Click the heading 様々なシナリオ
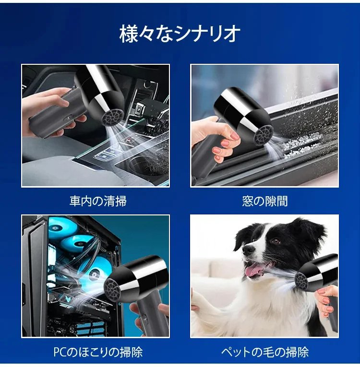180,34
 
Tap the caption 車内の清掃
98,201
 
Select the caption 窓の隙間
264,201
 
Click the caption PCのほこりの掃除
98,352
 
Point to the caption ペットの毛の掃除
264,352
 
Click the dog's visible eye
276,241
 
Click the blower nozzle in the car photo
113,117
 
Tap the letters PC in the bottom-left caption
60,352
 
